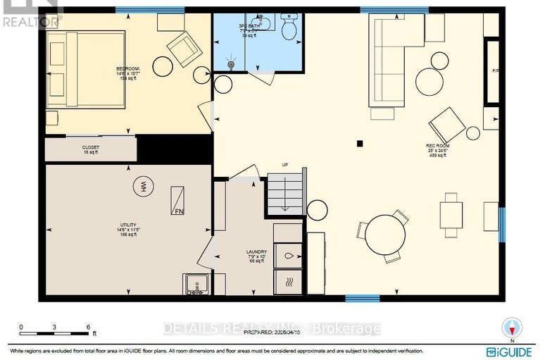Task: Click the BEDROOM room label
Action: point(127,69)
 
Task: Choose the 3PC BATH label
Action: point(250,25)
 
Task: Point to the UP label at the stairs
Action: point(285,165)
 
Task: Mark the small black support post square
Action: point(360,144)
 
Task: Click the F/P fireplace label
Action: point(494,71)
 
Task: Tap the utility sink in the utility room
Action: point(196,283)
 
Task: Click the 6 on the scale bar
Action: point(88,327)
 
